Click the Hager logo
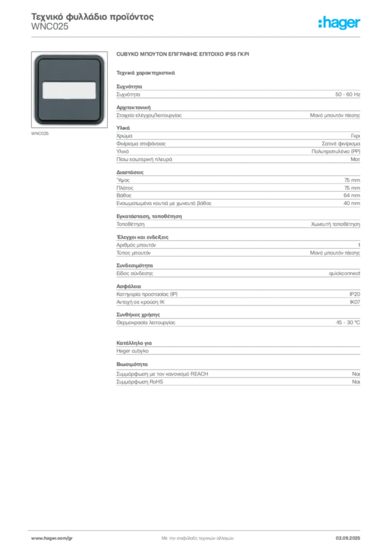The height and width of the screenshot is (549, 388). pos(339,23)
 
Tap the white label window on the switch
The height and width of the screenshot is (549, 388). pos(69,90)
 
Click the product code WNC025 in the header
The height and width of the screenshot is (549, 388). pos(50,27)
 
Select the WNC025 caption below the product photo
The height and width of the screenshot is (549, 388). pos(40,133)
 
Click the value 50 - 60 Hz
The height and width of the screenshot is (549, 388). pos(347,94)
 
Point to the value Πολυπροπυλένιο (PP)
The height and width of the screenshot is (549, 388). pos(335,151)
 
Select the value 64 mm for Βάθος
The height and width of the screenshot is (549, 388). pos(352,195)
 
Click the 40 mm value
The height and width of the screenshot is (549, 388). pos(352,203)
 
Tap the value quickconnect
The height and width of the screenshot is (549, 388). pos(344,273)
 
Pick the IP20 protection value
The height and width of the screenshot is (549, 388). pos(354,294)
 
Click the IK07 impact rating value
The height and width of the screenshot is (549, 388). pos(355,302)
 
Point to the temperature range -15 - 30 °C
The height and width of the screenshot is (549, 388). pos(347,322)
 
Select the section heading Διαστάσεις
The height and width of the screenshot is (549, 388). pos(130,172)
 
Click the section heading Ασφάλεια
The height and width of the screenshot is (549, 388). pos(129,286)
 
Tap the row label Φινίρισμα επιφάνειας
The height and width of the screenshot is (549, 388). pos(141,144)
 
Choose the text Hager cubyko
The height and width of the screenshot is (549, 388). pos(132,351)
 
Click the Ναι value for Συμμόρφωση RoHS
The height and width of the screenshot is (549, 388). pos(356,382)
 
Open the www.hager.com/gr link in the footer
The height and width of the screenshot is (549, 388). pos(52,538)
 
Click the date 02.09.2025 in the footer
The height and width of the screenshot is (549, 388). pos(348,538)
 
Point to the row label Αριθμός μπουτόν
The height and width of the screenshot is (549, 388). pos(136,245)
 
